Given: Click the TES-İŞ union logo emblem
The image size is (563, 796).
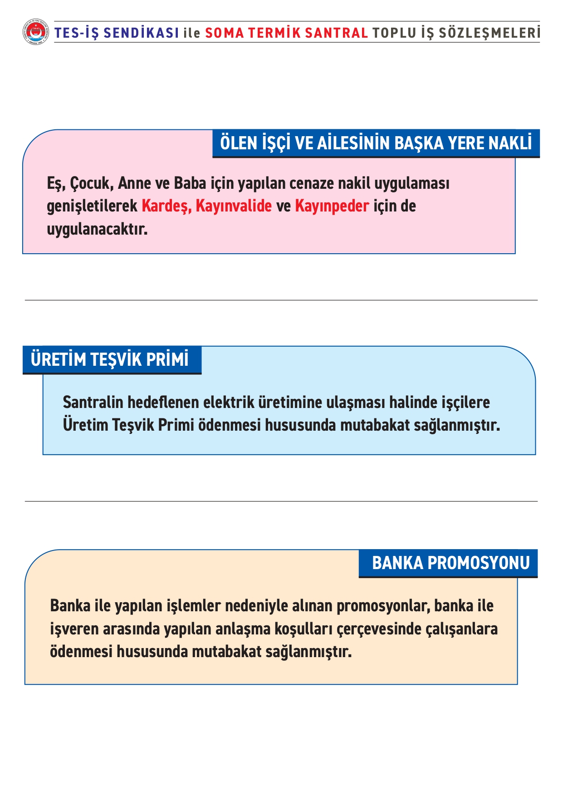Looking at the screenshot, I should [35, 32].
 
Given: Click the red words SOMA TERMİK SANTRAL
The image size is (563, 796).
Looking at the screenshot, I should [286, 33].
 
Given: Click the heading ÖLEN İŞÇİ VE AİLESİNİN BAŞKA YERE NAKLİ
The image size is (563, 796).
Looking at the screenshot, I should [376, 143].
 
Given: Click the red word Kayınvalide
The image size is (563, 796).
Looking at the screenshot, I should [234, 206].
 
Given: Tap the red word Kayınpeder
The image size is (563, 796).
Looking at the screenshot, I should [332, 206].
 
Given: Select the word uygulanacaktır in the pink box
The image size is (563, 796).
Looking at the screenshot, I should [97, 229].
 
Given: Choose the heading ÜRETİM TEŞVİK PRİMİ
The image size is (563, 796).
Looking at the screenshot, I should [110, 359].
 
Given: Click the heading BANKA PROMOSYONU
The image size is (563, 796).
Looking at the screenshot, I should [450, 563].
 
